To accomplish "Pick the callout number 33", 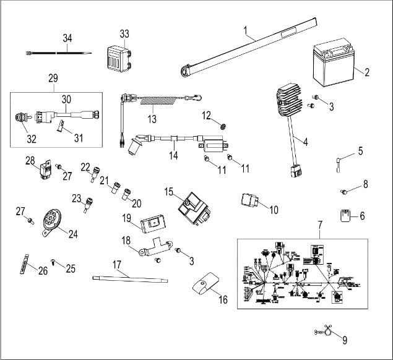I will point(124,33).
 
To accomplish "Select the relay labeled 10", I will point(251,203).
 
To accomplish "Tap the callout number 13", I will point(151,118).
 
